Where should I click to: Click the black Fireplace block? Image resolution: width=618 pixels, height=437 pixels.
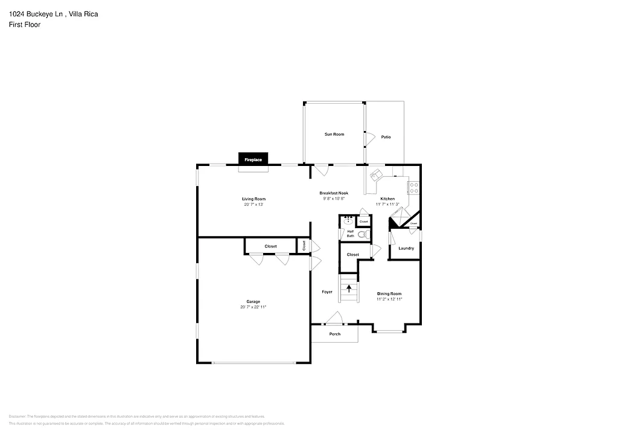(x=253, y=159)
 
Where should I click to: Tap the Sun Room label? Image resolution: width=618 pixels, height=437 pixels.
(x=334, y=134)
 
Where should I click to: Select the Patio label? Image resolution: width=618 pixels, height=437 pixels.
(x=386, y=137)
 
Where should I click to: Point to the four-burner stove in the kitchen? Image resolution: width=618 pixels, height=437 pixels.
(x=414, y=187)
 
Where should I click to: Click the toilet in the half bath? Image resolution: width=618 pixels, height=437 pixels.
(x=362, y=235)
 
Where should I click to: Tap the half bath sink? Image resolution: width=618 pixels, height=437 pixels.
(x=348, y=222)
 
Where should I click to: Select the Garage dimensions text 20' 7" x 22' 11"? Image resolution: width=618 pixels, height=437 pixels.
(x=253, y=307)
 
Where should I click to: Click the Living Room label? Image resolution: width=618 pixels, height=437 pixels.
(x=253, y=199)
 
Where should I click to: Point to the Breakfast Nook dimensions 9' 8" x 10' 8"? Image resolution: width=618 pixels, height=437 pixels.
(x=334, y=199)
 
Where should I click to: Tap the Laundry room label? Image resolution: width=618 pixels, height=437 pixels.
(x=406, y=248)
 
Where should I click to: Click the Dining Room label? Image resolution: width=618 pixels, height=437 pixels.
(x=389, y=294)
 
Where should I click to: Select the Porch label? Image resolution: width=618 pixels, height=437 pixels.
(x=334, y=334)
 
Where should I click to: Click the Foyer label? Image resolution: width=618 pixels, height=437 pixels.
(x=327, y=292)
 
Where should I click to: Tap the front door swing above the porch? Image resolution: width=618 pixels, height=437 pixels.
(x=334, y=318)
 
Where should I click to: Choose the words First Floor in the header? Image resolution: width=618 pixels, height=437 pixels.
(x=25, y=25)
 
